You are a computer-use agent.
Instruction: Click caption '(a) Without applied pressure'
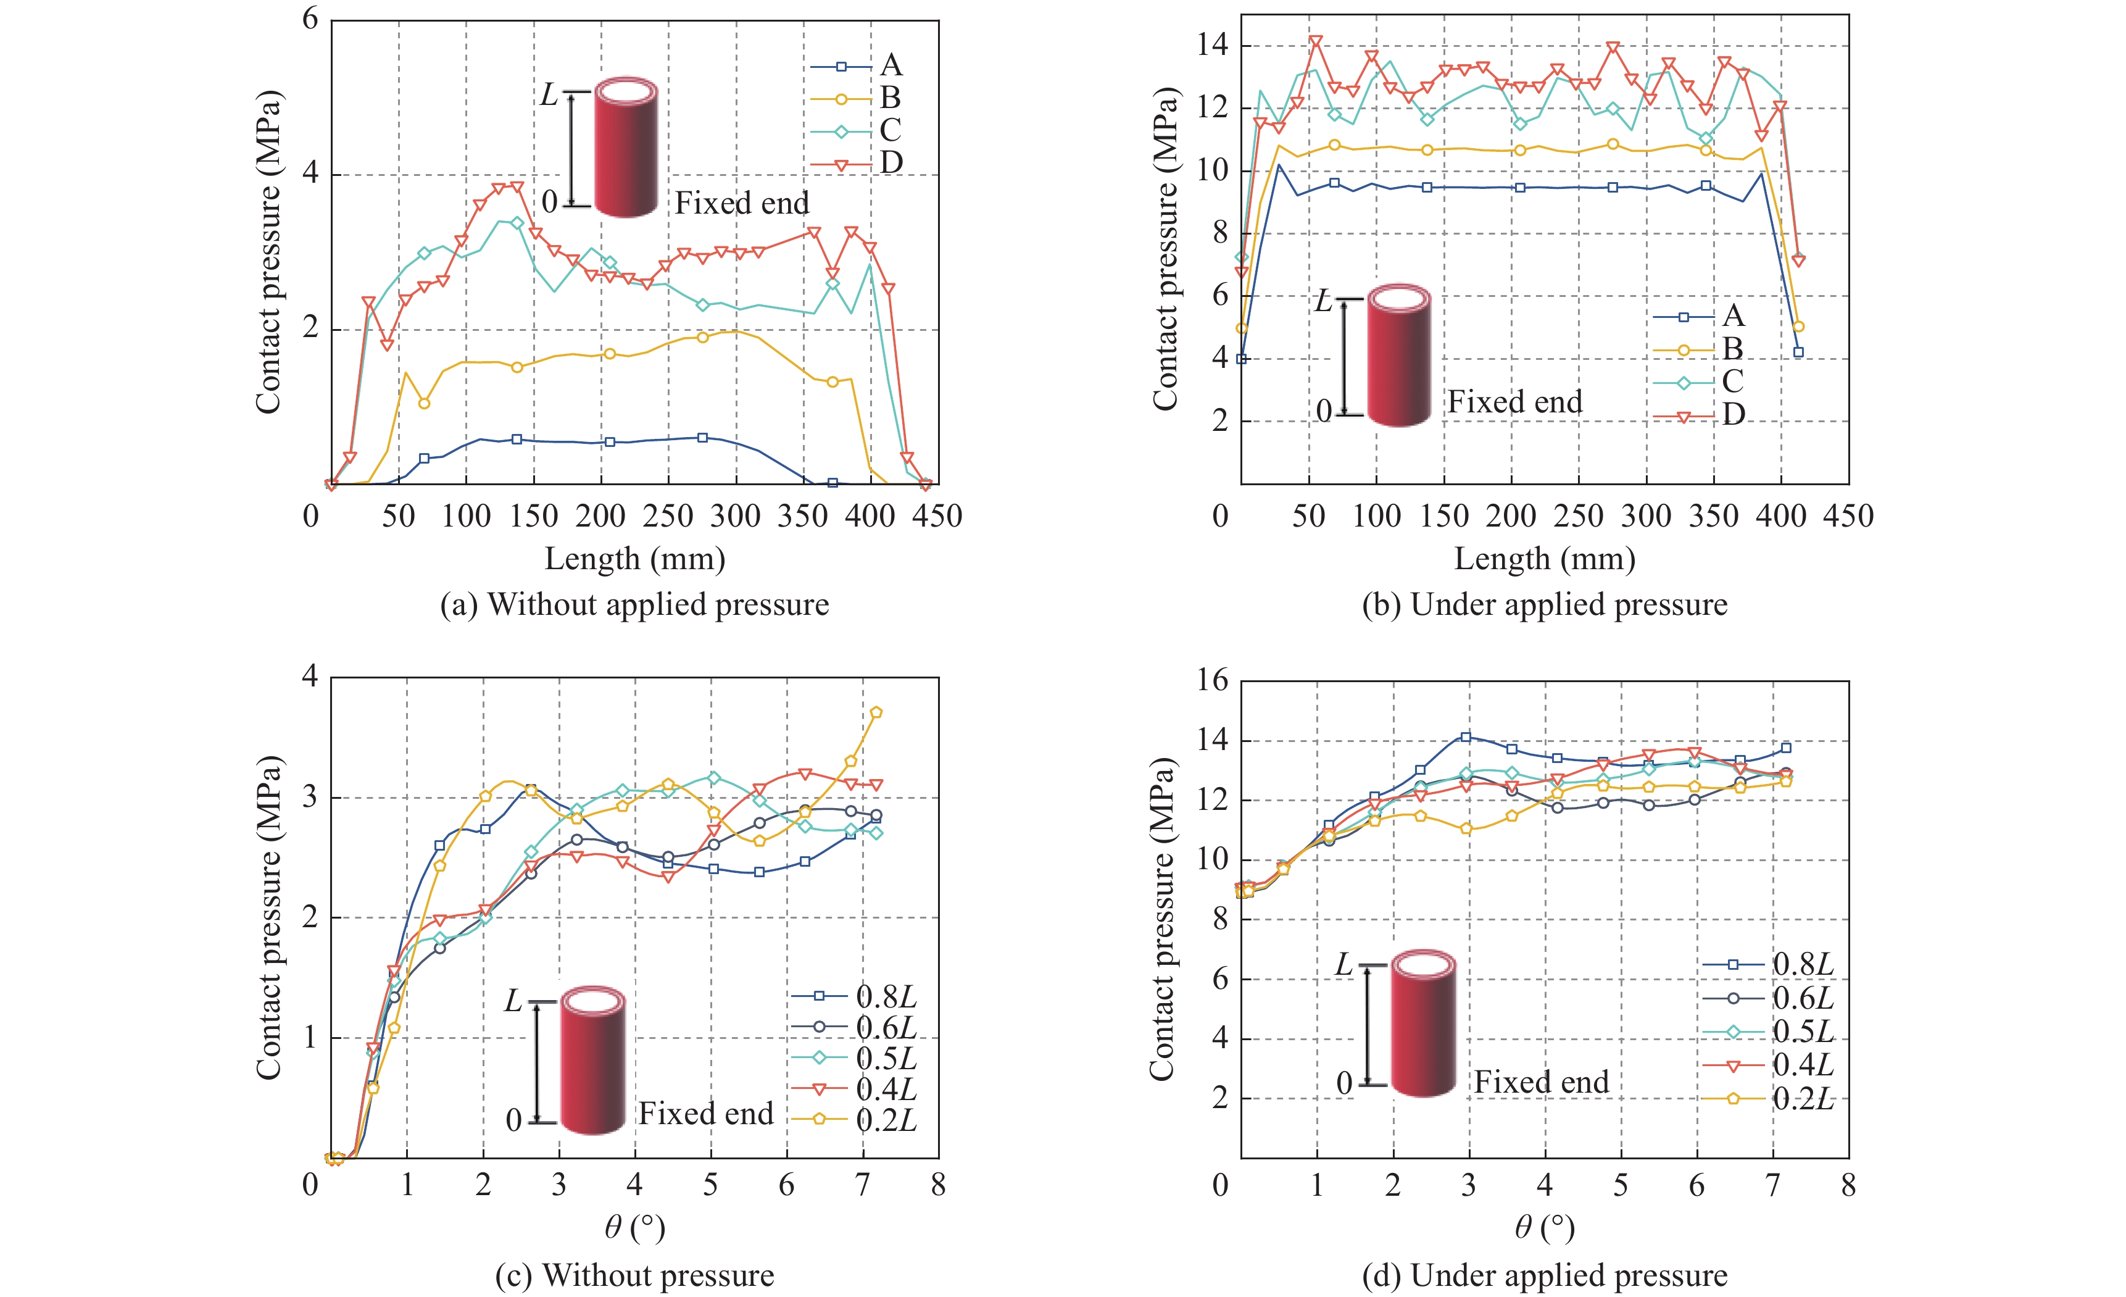pyautogui.click(x=634, y=605)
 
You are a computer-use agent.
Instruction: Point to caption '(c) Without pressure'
pyautogui.click(x=634, y=1275)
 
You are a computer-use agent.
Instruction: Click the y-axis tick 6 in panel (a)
pyautogui.click(x=310, y=19)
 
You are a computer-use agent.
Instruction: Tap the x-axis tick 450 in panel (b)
pyautogui.click(x=1848, y=516)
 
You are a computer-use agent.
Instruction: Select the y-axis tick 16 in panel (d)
pyautogui.click(x=1212, y=681)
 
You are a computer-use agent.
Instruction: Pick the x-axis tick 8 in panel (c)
pyautogui.click(x=938, y=1185)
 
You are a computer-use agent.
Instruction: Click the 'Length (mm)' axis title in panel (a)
pyautogui.click(x=634, y=559)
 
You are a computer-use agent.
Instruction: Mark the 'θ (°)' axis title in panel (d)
pyautogui.click(x=1545, y=1227)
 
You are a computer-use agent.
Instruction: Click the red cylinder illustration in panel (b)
pyautogui.click(x=1398, y=356)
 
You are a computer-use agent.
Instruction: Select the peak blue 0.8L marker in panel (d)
pyautogui.click(x=1465, y=738)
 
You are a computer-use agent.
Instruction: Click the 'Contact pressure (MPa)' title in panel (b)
pyautogui.click(x=1165, y=250)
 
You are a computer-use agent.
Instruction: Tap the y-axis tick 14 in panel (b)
pyautogui.click(x=1211, y=46)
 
